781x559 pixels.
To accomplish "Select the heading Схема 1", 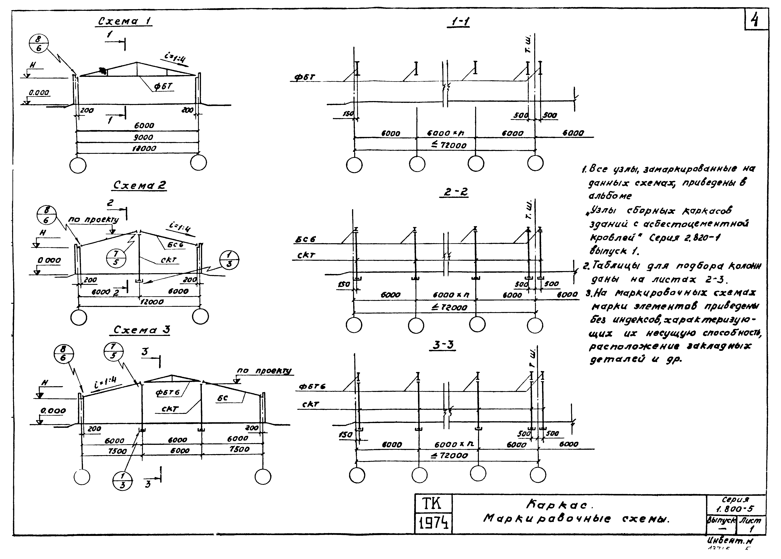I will (125, 21).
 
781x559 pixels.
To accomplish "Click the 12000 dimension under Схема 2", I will (152, 302).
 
